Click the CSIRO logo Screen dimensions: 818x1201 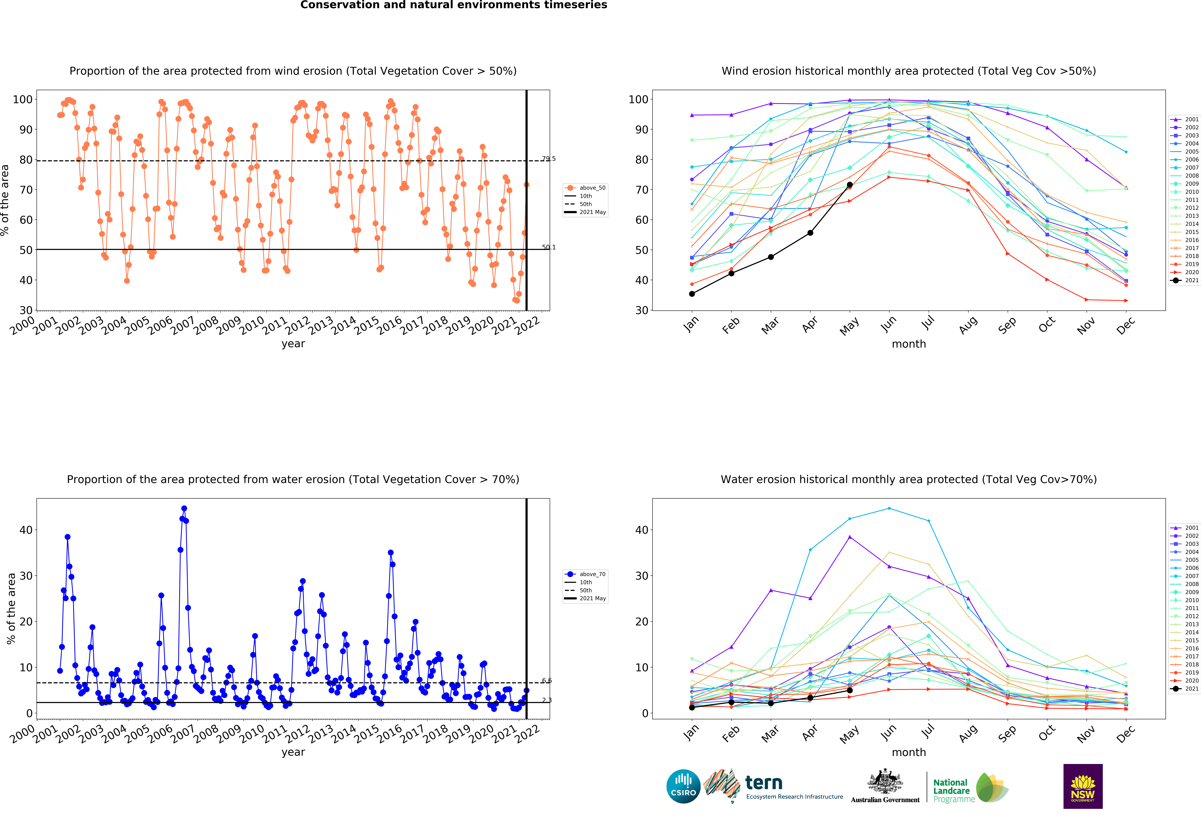683,786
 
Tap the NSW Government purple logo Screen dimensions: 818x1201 1083,786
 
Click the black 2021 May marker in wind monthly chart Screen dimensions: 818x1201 850,185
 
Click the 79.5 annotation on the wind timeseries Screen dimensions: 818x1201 548,159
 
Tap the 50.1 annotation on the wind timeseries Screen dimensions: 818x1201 548,247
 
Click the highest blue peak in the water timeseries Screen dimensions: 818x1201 184,509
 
